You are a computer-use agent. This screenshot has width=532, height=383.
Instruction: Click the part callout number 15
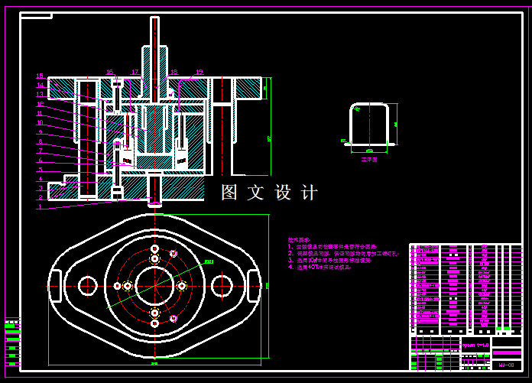(x=40, y=76)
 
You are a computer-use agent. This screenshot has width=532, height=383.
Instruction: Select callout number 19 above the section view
(x=199, y=73)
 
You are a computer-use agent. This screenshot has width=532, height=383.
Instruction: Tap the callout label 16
(x=109, y=73)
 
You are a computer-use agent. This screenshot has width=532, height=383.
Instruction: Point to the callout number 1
(x=40, y=206)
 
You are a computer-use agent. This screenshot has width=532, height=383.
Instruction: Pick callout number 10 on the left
(x=40, y=122)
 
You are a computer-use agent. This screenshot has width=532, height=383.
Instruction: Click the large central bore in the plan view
(x=155, y=285)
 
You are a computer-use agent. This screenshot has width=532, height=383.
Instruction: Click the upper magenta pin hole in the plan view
(x=174, y=254)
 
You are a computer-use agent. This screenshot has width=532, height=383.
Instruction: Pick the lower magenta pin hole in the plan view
(x=174, y=317)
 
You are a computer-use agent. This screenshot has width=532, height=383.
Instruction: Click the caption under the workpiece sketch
(x=370, y=160)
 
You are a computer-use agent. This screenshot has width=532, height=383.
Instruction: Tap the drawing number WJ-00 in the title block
(x=506, y=365)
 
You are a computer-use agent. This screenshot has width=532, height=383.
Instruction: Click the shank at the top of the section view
(x=155, y=46)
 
